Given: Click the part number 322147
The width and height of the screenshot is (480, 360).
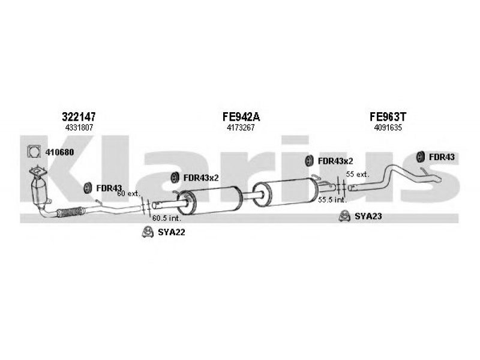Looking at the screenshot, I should coord(78,117).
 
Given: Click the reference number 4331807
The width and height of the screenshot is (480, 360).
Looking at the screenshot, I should coord(78,128).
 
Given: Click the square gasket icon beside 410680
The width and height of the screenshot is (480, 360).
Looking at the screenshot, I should coord(35,152).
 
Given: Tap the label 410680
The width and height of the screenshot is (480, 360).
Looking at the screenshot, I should coord(60,152).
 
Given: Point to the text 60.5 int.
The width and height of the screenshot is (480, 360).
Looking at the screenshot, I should coord(165,217).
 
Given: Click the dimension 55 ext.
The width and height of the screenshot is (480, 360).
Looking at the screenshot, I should coord(358,174).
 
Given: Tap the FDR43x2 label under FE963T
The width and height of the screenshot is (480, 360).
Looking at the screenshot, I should coord(335,160).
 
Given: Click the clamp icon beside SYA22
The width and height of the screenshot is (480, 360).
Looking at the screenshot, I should coord(146,232).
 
